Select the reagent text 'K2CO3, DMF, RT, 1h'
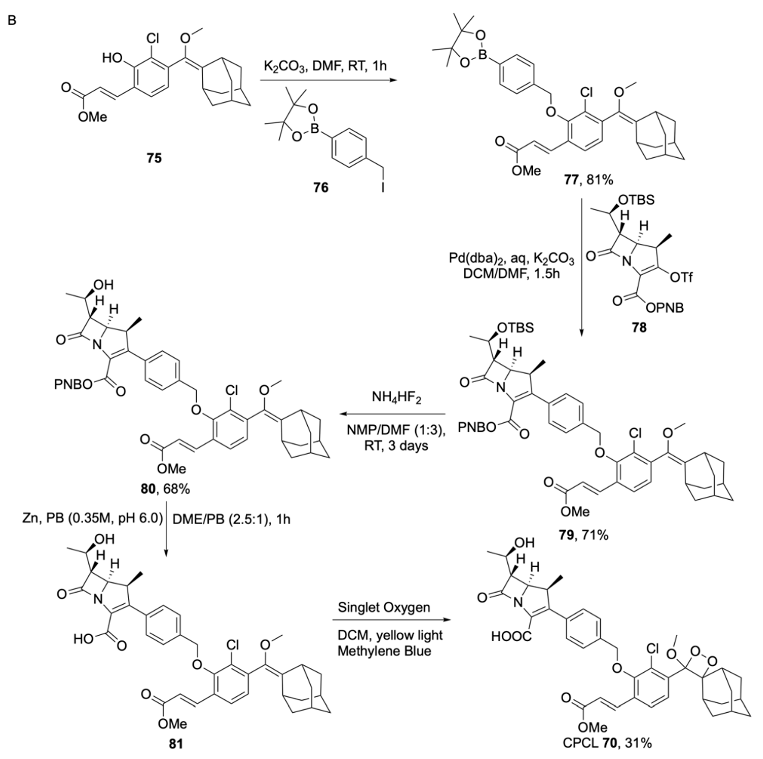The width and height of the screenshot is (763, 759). tap(325, 66)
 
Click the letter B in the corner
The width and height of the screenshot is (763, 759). tap(12, 20)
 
